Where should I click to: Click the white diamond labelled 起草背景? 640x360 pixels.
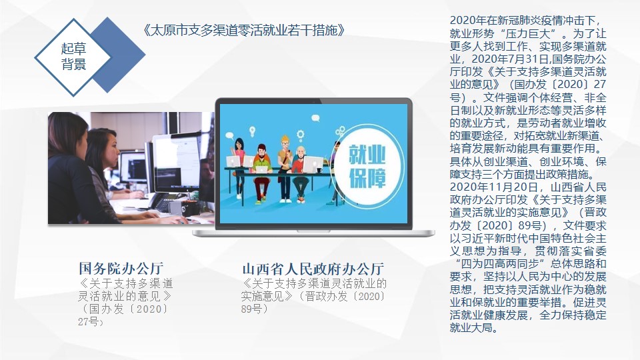click(73, 57)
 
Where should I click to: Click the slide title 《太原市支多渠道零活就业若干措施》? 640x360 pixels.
click(245, 30)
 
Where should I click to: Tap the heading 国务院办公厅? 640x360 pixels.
click(121, 268)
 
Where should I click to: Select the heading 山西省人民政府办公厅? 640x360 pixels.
click(313, 269)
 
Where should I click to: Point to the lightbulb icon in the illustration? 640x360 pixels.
click(252, 131)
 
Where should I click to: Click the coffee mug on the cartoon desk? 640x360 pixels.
click(319, 170)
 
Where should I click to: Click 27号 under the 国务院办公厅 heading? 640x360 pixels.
click(89, 321)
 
